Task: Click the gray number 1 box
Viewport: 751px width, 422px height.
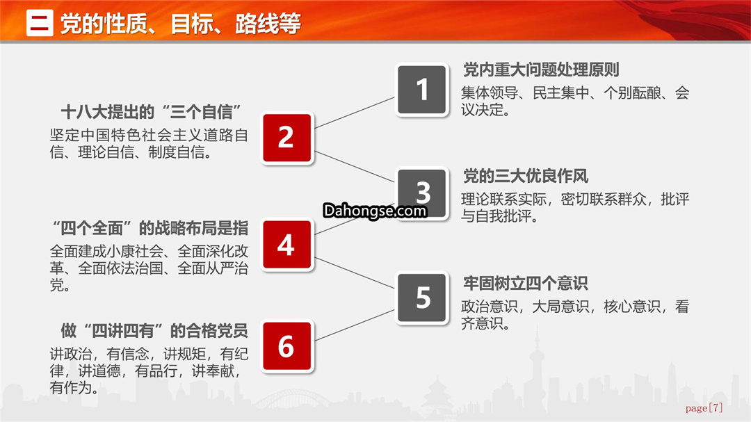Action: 422,90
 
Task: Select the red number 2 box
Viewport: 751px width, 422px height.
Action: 286,138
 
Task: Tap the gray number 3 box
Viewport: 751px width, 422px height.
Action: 422,193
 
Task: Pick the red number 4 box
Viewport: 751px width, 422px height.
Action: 286,245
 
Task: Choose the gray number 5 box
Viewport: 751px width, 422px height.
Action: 422,298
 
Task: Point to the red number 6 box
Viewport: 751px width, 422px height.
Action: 286,346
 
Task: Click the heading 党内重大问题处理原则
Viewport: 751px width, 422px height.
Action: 541,70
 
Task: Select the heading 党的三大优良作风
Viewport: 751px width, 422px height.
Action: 526,177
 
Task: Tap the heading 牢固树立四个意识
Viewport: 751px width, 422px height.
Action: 526,283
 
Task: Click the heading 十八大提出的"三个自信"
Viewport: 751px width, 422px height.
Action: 150,112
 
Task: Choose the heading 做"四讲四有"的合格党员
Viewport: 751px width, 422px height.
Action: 154,330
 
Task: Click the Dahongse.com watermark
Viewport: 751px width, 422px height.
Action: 375,211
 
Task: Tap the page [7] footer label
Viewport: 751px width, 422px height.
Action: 704,407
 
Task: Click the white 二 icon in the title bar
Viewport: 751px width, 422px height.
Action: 40,23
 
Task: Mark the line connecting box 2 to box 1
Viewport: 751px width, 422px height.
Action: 355,113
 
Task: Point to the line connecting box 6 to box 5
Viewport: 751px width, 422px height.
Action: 355,325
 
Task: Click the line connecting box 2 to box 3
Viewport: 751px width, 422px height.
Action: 355,167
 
